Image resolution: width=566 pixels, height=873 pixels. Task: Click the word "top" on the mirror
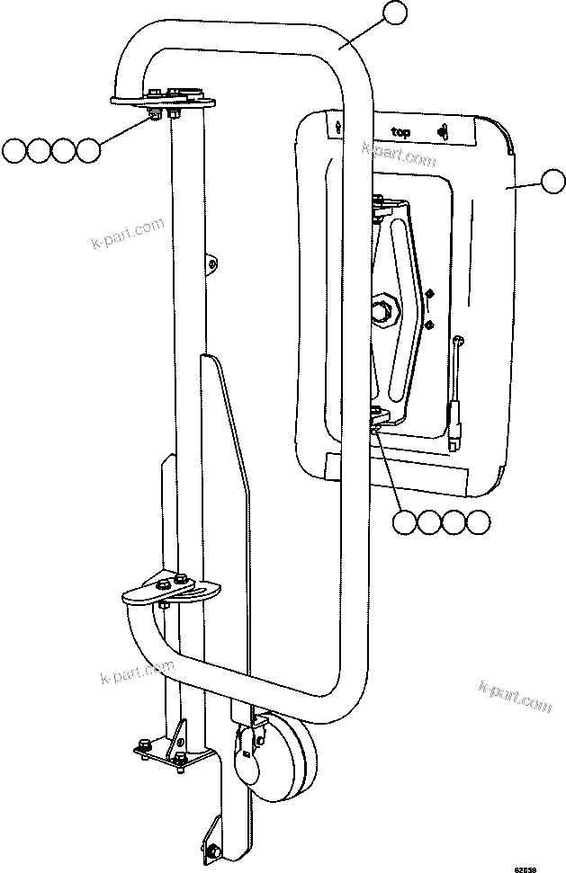pos(400,132)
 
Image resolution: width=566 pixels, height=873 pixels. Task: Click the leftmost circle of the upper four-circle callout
pos(14,149)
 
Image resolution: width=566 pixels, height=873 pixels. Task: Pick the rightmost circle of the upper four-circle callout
pos(87,149)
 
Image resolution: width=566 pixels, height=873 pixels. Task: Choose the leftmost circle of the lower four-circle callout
pos(406,521)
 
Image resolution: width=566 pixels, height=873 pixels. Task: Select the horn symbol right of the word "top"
pos(442,132)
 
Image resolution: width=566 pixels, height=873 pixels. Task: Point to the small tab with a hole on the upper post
pos(211,263)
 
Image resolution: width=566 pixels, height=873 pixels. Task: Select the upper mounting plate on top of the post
pos(162,97)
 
